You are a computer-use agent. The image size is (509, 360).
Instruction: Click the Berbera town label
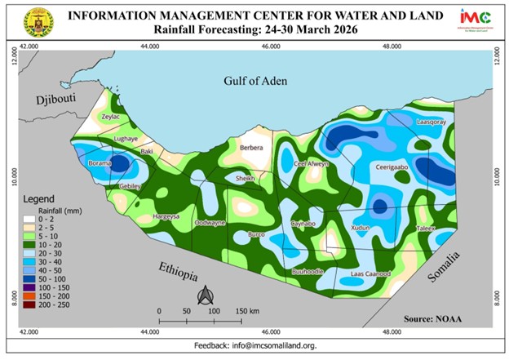tap(251, 148)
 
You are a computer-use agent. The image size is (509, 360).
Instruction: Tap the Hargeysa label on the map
tap(166, 216)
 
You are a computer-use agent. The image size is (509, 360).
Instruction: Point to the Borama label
tap(100, 164)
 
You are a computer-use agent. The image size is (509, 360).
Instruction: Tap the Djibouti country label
tap(51, 100)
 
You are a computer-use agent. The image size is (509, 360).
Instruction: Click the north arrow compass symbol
tap(207, 293)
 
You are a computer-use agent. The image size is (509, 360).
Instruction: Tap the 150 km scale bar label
tap(248, 311)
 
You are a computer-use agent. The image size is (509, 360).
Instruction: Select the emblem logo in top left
tap(38, 22)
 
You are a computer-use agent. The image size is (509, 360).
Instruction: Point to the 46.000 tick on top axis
tap(270, 47)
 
